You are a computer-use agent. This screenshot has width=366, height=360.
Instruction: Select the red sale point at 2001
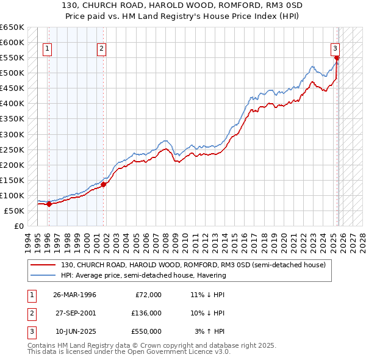click(104, 184)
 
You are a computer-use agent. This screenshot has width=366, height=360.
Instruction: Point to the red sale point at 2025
click(337, 58)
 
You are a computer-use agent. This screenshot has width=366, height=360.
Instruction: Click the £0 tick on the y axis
click(18, 226)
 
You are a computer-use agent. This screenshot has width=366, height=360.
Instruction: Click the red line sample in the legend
click(43, 265)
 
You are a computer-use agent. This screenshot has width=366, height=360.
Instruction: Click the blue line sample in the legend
click(43, 275)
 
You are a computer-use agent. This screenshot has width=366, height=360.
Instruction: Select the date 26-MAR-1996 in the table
click(75, 295)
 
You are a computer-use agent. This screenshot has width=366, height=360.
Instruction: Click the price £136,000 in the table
click(146, 313)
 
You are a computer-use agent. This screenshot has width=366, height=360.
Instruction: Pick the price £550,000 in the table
click(146, 331)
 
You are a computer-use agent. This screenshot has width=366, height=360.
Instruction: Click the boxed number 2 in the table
click(30, 313)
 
